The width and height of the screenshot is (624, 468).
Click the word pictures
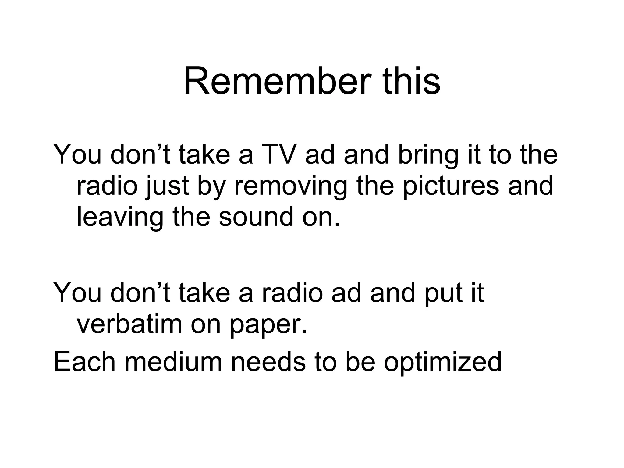pyautogui.click(x=451, y=186)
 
